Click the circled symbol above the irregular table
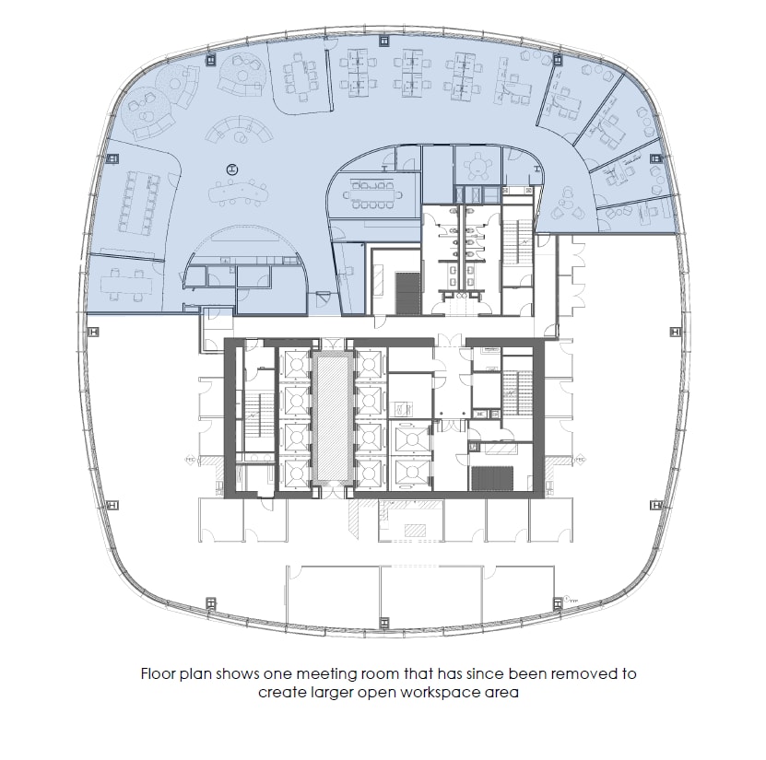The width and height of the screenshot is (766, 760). click(x=231, y=169)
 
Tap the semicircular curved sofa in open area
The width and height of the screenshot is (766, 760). click(x=240, y=131)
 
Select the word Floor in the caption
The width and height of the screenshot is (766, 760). click(x=159, y=673)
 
